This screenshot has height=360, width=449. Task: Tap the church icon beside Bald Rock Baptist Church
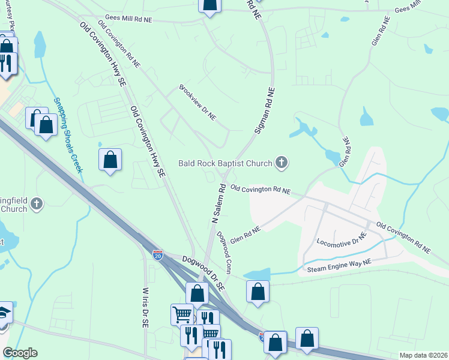click(x=281, y=162)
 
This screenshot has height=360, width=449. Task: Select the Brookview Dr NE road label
click(x=197, y=102)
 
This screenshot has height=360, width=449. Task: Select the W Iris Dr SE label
click(x=145, y=307)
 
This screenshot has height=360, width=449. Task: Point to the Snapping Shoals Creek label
click(x=68, y=135)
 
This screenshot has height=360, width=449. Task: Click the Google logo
click(x=20, y=353)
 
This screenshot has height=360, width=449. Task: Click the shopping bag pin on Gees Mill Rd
click(x=210, y=5)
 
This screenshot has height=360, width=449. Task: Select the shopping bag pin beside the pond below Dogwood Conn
click(x=258, y=292)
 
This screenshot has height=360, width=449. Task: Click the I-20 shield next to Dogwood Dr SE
click(x=157, y=255)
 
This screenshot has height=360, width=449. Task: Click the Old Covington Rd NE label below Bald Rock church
click(x=261, y=190)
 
